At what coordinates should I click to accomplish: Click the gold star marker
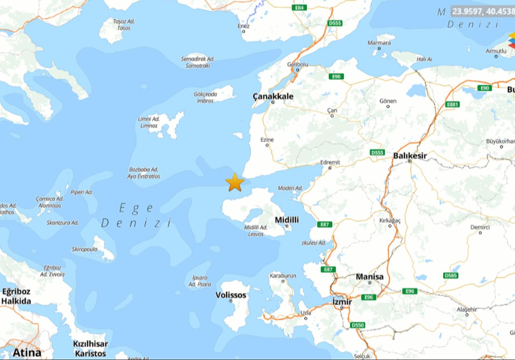click(x=235, y=182)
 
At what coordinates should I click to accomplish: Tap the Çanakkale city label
click(x=273, y=96)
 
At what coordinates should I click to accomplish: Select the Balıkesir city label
click(x=410, y=155)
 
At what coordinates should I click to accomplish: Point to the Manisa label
click(x=369, y=277)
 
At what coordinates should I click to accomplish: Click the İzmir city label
click(x=342, y=302)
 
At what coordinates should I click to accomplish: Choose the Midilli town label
click(x=286, y=220)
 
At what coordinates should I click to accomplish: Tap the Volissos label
click(x=231, y=295)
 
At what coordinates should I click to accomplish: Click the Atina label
click(x=26, y=353)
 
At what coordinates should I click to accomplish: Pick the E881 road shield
click(x=452, y=105)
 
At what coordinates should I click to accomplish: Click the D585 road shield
click(x=451, y=275)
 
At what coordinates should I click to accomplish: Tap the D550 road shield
click(x=357, y=325)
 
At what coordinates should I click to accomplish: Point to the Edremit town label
click(x=330, y=162)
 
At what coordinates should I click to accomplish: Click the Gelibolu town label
click(x=297, y=64)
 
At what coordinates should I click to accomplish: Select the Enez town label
click(x=243, y=26)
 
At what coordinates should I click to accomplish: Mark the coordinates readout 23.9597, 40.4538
click(x=482, y=11)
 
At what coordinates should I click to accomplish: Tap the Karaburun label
click(x=282, y=276)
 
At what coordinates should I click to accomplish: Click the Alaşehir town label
click(x=467, y=309)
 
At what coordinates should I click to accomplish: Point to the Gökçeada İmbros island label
click(x=205, y=97)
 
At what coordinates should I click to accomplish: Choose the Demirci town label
click(x=480, y=228)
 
